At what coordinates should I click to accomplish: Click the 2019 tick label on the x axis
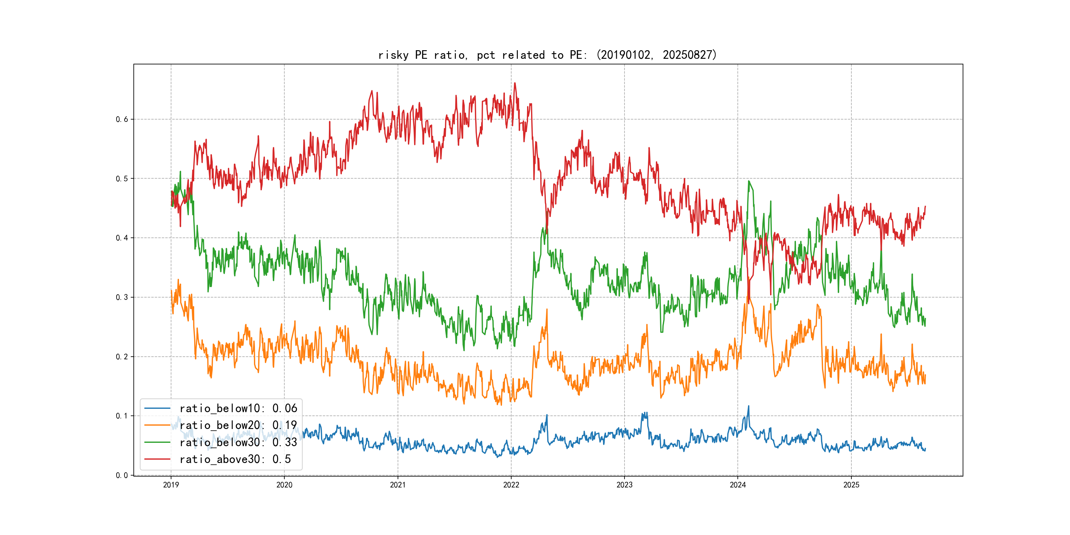171,485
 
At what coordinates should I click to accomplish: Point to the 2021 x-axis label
398,485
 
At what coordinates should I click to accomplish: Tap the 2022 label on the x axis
511,485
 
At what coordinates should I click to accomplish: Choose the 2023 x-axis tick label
624,485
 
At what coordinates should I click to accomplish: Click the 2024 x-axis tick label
738,485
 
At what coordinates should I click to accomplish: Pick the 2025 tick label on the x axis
851,485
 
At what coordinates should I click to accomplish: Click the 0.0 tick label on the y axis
122,475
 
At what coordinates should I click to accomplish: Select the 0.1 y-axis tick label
122,416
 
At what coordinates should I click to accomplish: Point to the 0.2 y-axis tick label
122,357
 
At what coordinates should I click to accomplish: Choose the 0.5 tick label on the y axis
122,179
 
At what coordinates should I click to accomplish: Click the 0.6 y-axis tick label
122,119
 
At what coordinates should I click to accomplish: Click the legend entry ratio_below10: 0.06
238,408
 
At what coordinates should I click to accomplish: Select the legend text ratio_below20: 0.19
238,425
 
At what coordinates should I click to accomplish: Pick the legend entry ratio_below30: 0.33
238,443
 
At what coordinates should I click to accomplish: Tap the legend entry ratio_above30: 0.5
235,459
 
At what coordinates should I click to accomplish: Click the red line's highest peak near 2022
515,83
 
